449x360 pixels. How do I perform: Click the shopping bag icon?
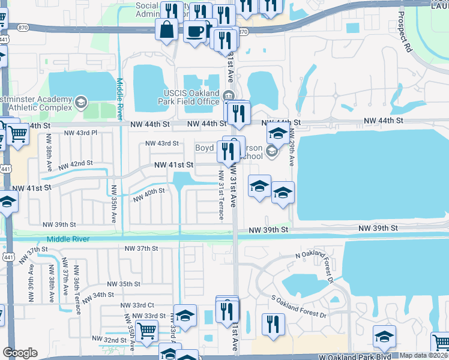[x=166, y=28]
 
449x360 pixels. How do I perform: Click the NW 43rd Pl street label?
[x=80, y=132]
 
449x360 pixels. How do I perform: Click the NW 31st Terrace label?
[x=221, y=195]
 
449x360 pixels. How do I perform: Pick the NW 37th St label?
[x=141, y=248]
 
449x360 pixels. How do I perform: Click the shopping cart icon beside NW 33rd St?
[x=147, y=329]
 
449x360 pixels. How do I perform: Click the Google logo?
[x=20, y=353]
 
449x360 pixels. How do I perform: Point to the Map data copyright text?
[x=424, y=355]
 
